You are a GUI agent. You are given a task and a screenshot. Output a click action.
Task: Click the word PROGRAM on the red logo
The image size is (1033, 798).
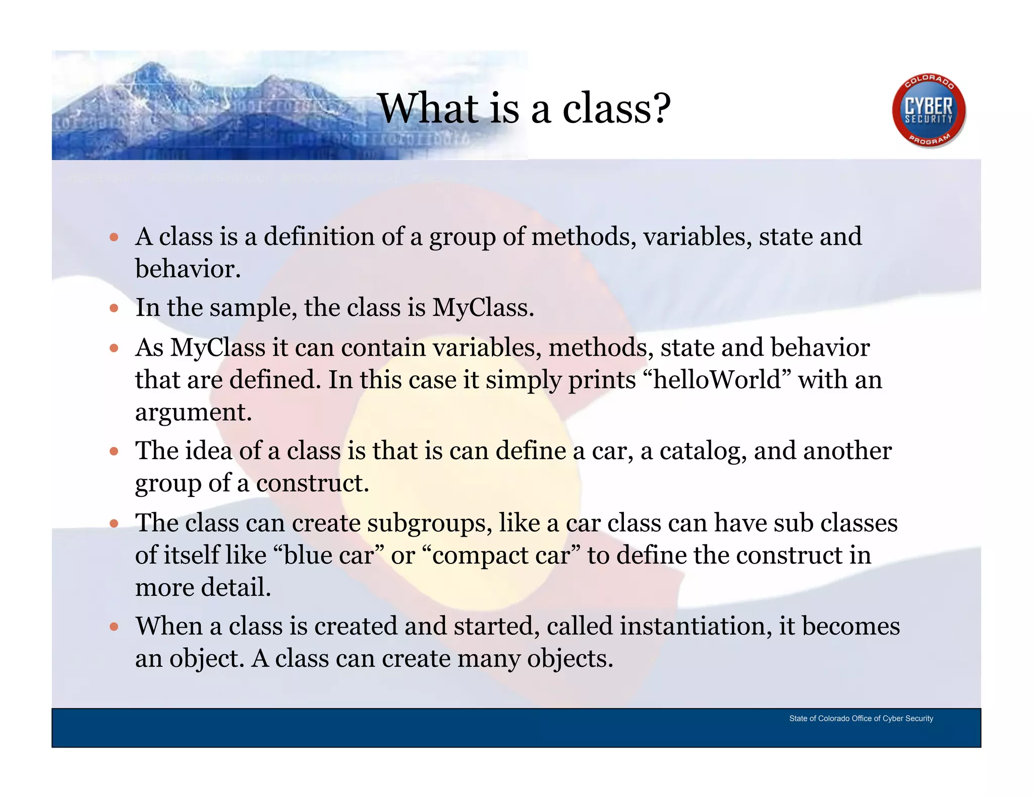point(930,140)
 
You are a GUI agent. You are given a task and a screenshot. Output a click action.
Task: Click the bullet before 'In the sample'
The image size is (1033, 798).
point(114,308)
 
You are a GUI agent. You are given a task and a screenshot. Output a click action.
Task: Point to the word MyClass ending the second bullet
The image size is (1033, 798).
point(482,308)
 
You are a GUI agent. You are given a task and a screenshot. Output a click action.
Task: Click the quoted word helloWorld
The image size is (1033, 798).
point(717,380)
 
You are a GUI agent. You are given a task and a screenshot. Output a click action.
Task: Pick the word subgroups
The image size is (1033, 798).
point(429,523)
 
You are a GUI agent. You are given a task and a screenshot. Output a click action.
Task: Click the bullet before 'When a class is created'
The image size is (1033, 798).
point(114,627)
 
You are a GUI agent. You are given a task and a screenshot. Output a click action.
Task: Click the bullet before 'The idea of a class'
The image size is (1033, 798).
point(114,451)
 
